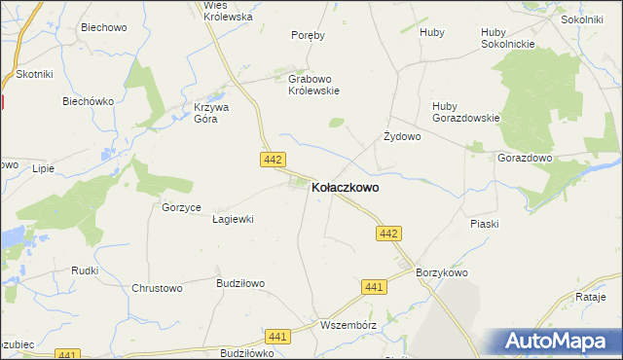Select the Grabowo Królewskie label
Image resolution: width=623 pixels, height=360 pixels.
coord(312,86)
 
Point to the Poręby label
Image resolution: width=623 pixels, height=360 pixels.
coord(308,35)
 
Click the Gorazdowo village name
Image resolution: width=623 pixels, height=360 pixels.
coord(525,158)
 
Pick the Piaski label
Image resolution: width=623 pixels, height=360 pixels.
coord(484,224)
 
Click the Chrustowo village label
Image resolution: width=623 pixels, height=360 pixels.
coord(157,288)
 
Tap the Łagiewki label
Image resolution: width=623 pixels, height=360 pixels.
coord(233,219)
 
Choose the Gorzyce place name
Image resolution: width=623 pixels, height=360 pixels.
coord(181,208)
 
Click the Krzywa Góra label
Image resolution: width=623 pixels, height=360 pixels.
coord(211,113)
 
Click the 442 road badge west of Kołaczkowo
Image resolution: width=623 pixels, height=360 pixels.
coord(273,158)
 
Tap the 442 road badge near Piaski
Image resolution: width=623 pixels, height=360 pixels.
coord(389,234)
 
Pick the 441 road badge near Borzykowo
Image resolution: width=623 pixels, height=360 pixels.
coord(374,286)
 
